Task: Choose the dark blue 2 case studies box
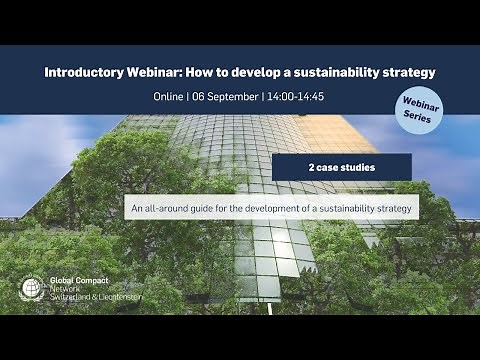click(341, 167)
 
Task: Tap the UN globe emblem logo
click(30, 288)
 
